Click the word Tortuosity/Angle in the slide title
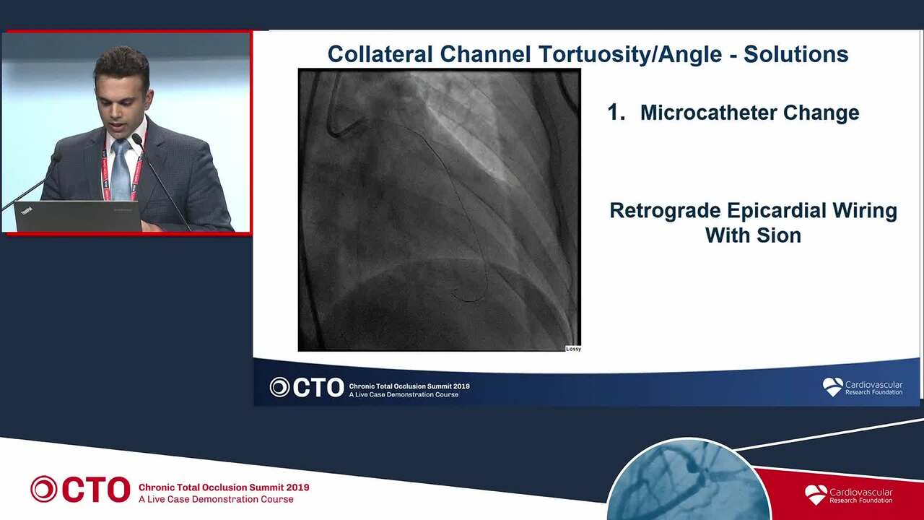coord(629,55)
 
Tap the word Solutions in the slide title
coord(796,54)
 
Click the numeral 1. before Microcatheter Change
coord(616,113)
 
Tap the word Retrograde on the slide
coord(665,212)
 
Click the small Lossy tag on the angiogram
coord(573,349)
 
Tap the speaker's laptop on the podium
coord(79,215)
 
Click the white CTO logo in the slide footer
coord(307,388)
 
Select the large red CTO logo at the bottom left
coord(80,490)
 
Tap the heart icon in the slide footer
coord(832,387)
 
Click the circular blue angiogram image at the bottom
coord(688,481)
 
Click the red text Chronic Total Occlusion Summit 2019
coord(224,487)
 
